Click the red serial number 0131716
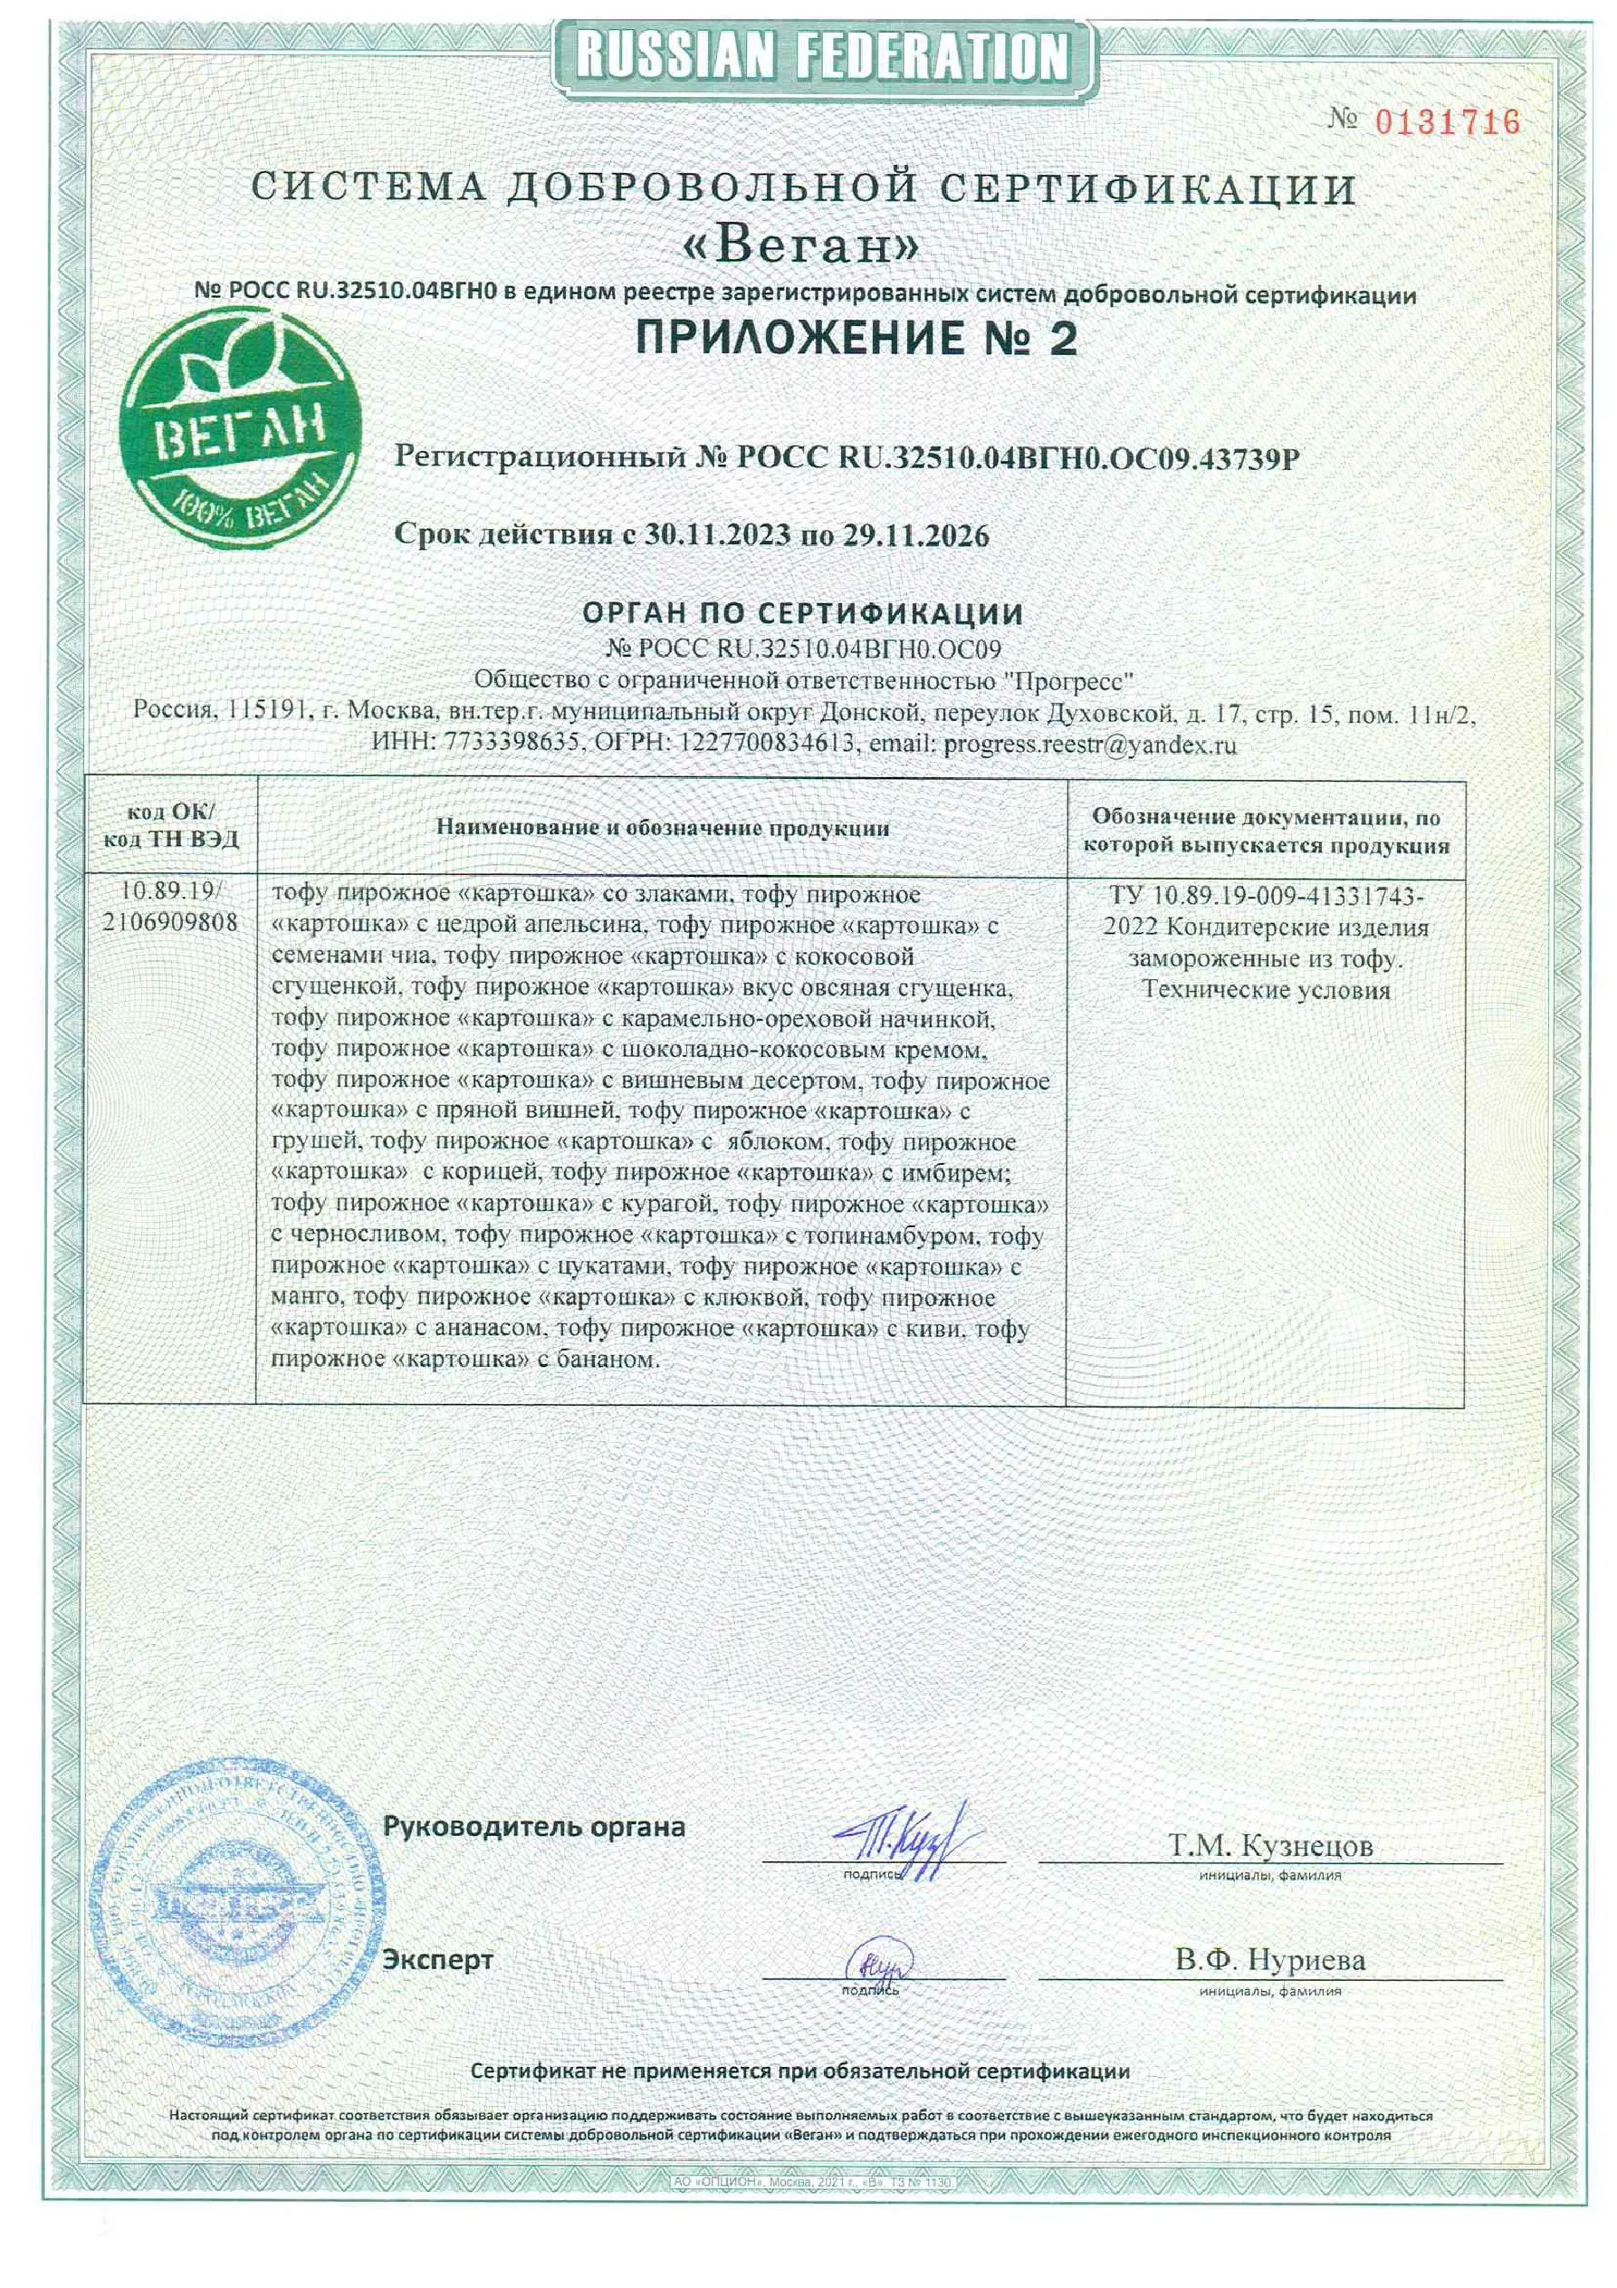coord(1448,122)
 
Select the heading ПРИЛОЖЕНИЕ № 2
coord(856,339)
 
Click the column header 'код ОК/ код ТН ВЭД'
coord(171,825)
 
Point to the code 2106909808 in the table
coord(171,922)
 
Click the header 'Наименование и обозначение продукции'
coord(663,827)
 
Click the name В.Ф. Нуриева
coord(1269,1960)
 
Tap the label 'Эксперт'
coord(438,1960)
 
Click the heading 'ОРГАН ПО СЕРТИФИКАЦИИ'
coord(803,613)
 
